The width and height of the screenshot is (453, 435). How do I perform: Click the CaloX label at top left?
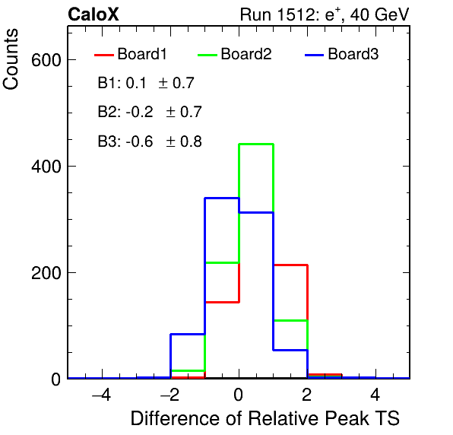pyautogui.click(x=93, y=14)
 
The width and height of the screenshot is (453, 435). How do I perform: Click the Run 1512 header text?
pyautogui.click(x=325, y=14)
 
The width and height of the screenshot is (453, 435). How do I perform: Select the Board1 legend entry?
pyautogui.click(x=131, y=54)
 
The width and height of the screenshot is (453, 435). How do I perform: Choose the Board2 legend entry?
pyautogui.click(x=235, y=54)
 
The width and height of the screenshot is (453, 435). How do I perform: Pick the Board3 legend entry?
pyautogui.click(x=342, y=54)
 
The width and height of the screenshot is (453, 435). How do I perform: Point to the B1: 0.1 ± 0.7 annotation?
pyautogui.click(x=146, y=83)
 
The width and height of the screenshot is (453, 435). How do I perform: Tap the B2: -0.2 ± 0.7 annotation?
pyautogui.click(x=150, y=112)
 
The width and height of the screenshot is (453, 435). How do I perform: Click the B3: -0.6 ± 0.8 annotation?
pyautogui.click(x=150, y=141)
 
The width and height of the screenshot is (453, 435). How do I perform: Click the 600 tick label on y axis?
pyautogui.click(x=46, y=60)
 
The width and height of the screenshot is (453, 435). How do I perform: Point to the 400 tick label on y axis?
pyautogui.click(x=46, y=167)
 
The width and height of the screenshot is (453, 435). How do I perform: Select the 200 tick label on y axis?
pyautogui.click(x=46, y=273)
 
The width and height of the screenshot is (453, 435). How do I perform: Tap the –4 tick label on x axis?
pyautogui.click(x=101, y=395)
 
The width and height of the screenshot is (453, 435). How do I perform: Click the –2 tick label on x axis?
pyautogui.click(x=169, y=395)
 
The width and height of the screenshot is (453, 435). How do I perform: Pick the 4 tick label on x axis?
pyautogui.click(x=375, y=395)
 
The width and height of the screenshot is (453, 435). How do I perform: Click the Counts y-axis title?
pyautogui.click(x=11, y=59)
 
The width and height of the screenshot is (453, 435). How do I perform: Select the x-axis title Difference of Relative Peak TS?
pyautogui.click(x=265, y=418)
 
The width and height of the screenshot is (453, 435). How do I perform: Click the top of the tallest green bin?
pyautogui.click(x=256, y=144)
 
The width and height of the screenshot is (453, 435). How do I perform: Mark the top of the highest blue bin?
pyautogui.click(x=222, y=198)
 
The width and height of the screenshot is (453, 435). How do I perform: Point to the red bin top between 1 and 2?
pyautogui.click(x=290, y=265)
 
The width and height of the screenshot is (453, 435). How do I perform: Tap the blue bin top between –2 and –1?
pyautogui.click(x=188, y=334)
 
